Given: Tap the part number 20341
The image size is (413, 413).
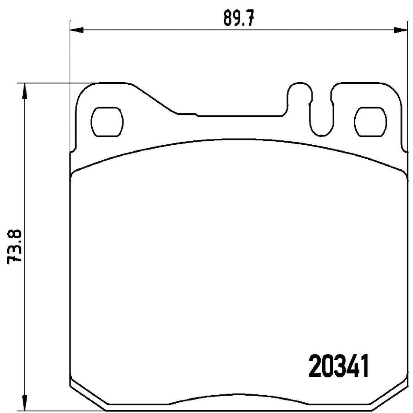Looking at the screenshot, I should click(x=339, y=367).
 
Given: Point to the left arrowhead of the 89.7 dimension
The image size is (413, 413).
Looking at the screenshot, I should click(x=76, y=29).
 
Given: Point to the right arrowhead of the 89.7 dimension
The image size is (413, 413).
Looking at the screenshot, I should click(x=400, y=29).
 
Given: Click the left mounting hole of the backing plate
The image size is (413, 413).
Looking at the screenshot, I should click(x=107, y=121).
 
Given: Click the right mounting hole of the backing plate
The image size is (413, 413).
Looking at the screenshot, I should click(x=370, y=121).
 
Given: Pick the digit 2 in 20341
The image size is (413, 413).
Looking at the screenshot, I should click(x=315, y=367).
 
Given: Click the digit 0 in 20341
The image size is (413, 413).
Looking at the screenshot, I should click(x=327, y=367).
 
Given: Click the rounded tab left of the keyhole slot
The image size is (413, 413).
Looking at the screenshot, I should click(x=299, y=93).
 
